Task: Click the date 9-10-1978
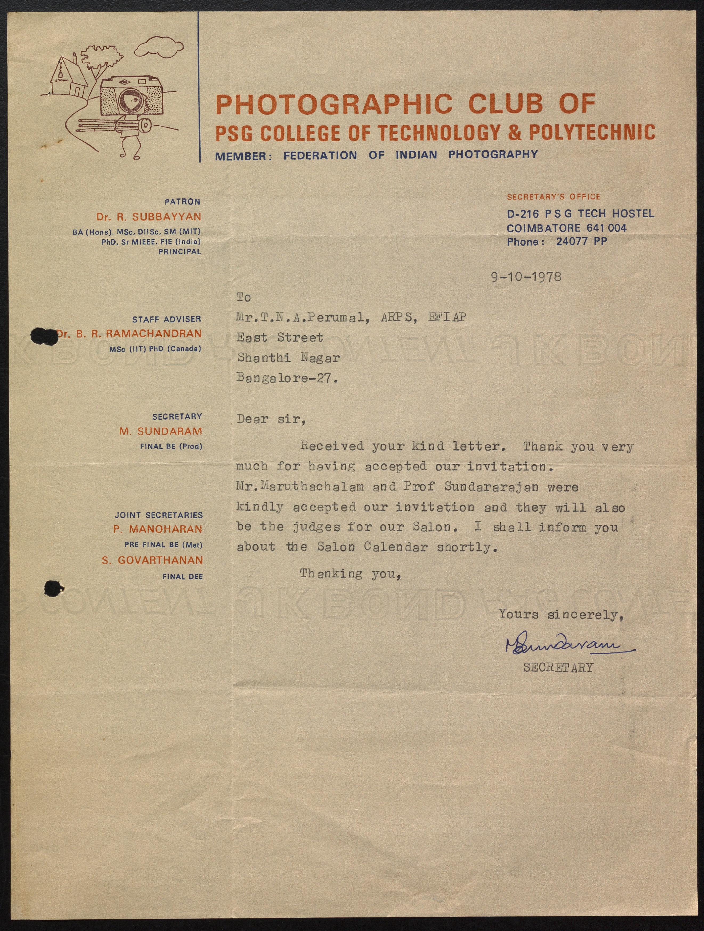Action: click(x=526, y=277)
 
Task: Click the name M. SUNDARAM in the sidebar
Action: click(x=160, y=431)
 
